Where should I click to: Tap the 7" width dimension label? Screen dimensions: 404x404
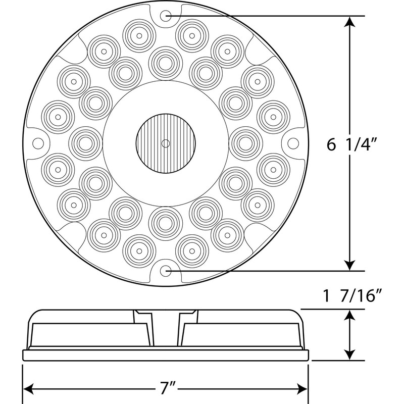[x=165, y=389]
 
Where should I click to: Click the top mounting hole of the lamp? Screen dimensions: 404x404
[x=166, y=16]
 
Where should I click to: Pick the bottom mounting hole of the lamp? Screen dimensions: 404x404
[x=166, y=271]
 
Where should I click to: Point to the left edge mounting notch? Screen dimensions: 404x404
[x=36, y=143]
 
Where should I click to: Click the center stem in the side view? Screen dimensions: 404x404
[x=165, y=328]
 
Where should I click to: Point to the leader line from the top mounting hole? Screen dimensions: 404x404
[x=263, y=16]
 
